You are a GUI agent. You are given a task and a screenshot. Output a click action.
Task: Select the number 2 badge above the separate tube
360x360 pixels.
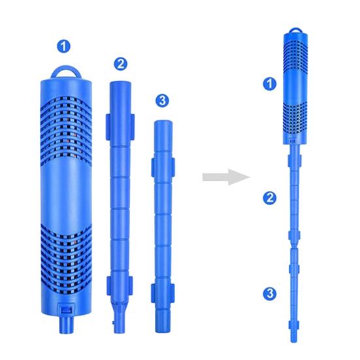coord(120,63)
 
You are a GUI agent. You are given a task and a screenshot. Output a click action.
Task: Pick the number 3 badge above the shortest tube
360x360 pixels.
coord(163,101)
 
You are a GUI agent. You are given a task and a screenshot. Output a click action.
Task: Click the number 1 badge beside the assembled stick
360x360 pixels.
coord(267,83)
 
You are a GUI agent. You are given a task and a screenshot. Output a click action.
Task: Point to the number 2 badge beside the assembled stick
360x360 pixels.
coord(267,197)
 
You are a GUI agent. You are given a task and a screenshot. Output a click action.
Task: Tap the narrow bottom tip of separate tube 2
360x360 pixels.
coord(118,323)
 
